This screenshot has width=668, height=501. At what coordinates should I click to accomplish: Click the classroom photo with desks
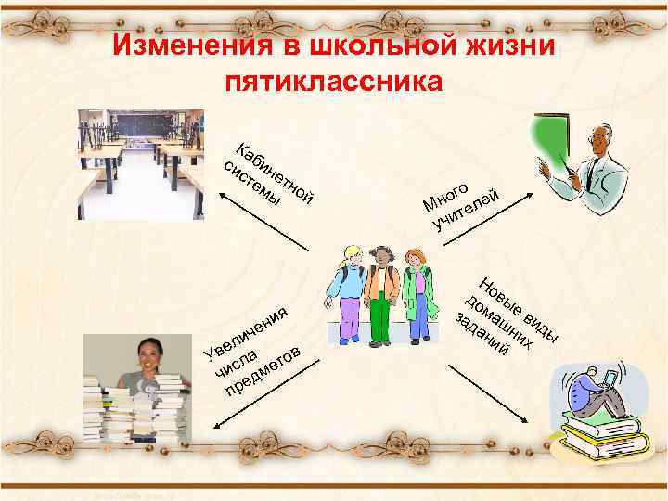click(141, 164)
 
